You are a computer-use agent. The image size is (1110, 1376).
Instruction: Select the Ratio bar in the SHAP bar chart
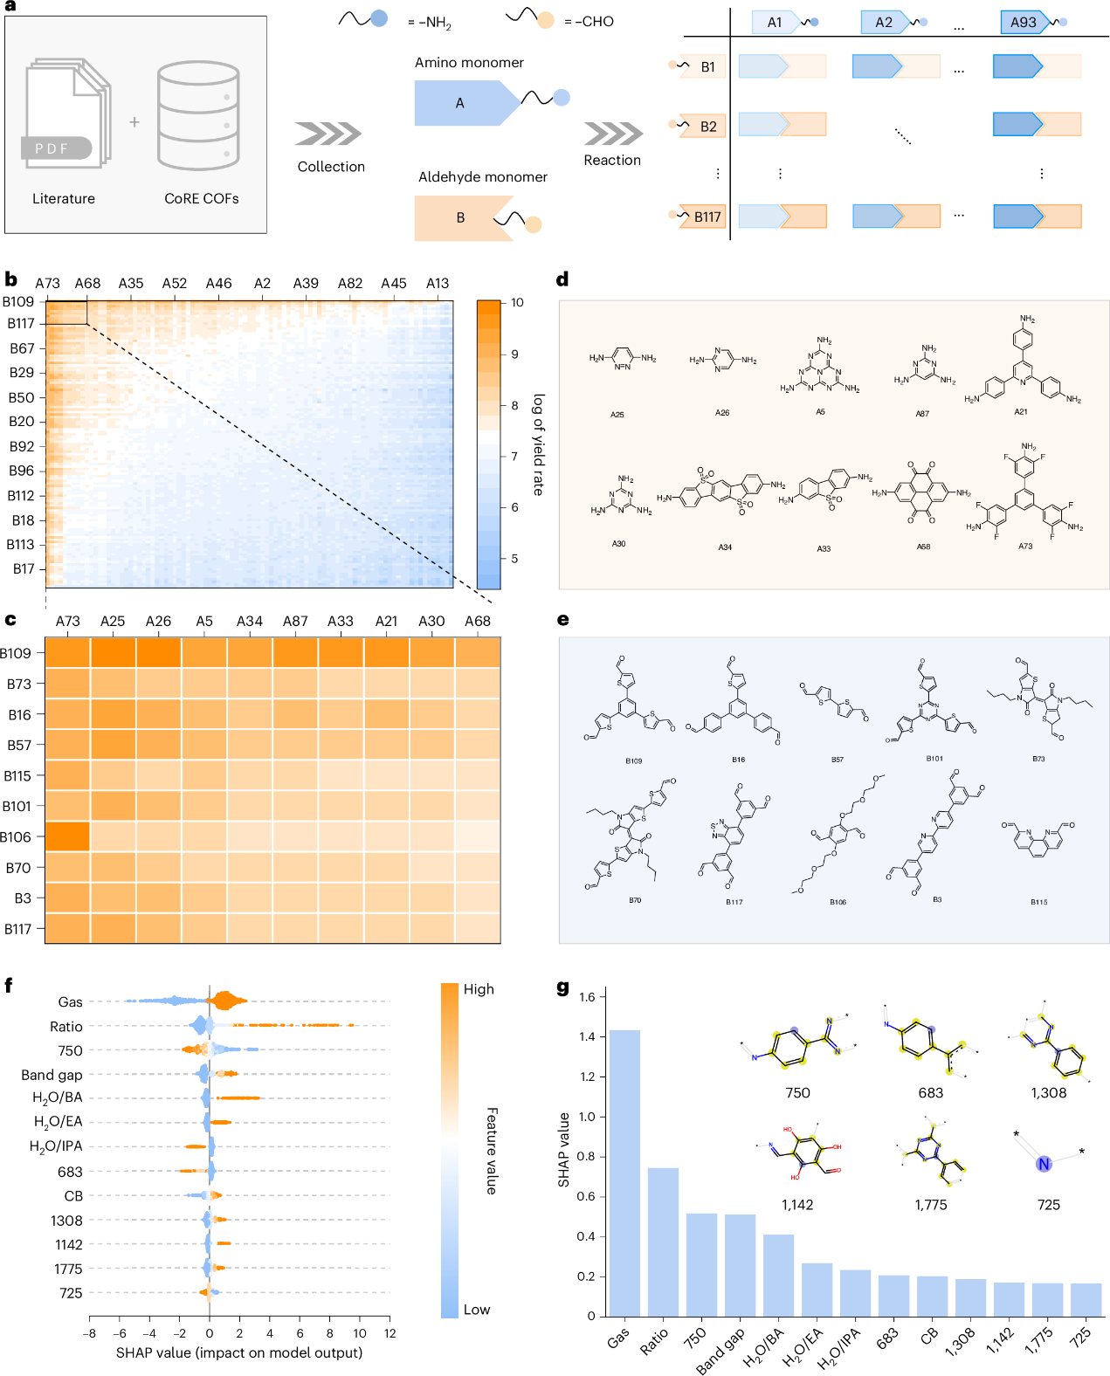663,1241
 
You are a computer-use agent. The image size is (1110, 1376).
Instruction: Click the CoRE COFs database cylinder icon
198,117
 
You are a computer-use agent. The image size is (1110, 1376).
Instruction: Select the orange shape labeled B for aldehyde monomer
461,218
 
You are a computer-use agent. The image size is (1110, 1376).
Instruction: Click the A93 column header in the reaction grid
1023,23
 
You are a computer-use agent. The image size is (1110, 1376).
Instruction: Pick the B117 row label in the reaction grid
707,217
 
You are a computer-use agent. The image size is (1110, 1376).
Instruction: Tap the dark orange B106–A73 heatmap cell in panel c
67,836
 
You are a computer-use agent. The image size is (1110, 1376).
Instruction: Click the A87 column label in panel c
295,621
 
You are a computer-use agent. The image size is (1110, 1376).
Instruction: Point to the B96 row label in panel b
22,471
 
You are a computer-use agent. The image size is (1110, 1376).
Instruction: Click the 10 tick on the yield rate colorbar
517,303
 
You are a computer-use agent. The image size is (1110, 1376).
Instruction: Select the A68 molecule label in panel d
923,547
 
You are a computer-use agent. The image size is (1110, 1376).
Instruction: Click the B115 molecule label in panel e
1038,902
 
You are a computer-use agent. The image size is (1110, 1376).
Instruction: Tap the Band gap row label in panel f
52,1075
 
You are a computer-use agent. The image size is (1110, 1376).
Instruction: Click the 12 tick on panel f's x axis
390,1333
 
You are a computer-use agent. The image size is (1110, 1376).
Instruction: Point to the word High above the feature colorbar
479,989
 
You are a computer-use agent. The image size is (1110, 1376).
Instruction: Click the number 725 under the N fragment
1048,1205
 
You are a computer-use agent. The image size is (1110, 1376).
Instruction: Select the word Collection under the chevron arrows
331,167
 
